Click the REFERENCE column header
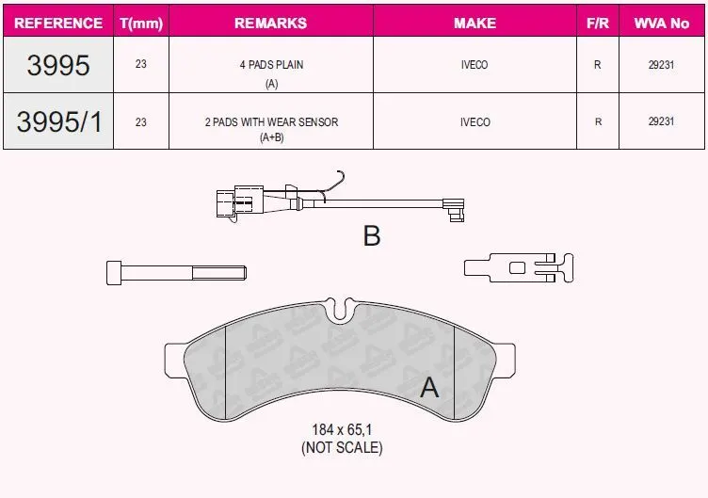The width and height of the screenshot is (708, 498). tap(58, 23)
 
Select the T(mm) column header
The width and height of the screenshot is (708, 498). tap(141, 23)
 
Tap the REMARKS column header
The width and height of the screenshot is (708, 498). tap(271, 23)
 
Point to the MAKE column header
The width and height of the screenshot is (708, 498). tap(475, 23)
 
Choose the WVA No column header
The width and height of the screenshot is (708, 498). tap(662, 23)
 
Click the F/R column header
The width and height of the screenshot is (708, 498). tap(597, 23)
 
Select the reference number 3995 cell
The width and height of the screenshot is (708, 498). tap(58, 65)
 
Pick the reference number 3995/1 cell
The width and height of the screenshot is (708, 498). tap(59, 121)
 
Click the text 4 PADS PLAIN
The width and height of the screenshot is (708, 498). tap(271, 65)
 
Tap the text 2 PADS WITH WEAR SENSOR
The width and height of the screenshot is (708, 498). tap(271, 121)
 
